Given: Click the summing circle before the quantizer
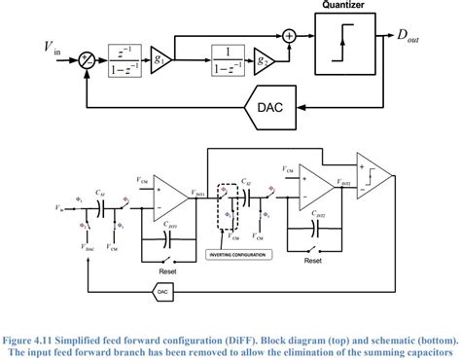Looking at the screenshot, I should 290,37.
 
